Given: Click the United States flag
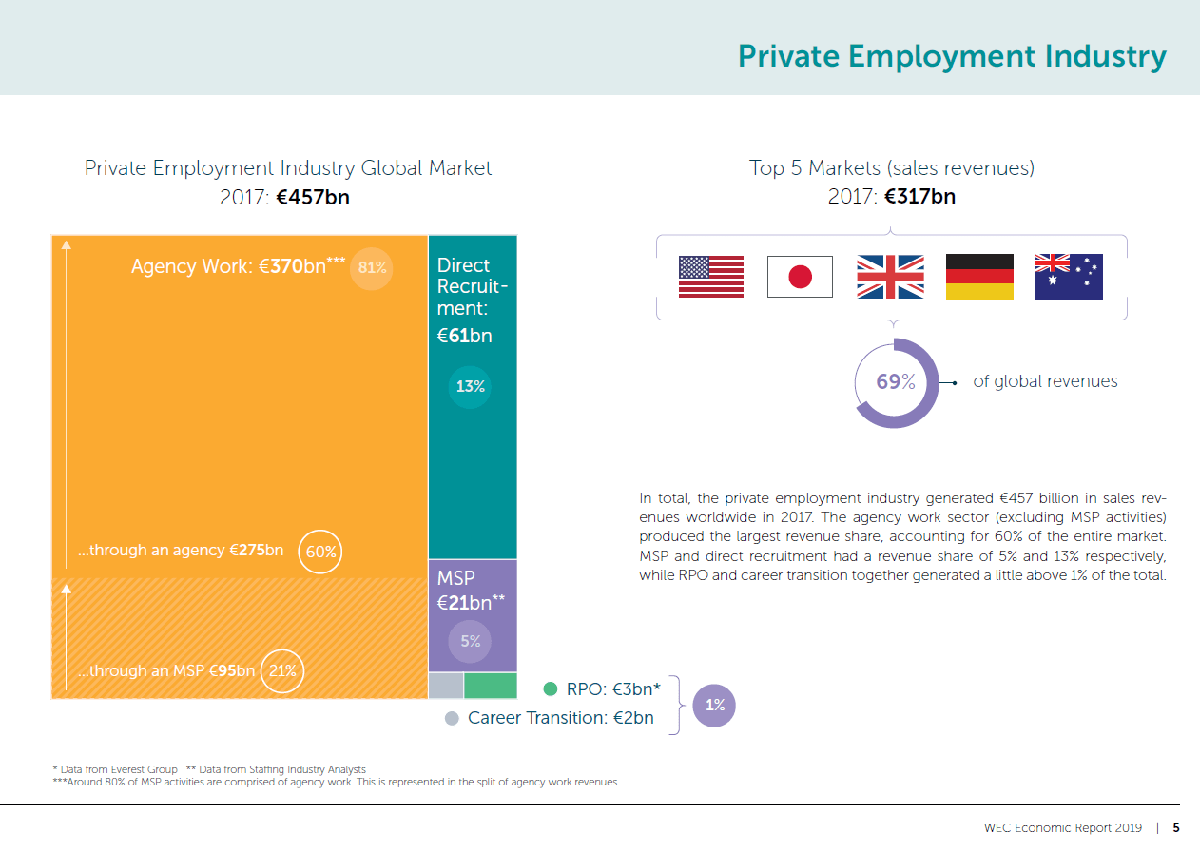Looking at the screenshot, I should (710, 277).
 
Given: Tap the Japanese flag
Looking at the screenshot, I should (800, 277).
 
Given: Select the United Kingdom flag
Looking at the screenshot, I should (890, 277).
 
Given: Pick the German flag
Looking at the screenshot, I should (979, 277).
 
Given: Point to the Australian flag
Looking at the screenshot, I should (1069, 277).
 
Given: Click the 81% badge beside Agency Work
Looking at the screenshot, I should (372, 267).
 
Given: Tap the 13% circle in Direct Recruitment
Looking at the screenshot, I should (470, 387).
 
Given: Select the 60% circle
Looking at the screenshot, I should (320, 552).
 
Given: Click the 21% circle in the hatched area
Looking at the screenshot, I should (282, 670).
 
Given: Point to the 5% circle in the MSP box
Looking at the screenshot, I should (470, 641).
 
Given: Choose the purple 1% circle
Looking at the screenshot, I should (714, 706).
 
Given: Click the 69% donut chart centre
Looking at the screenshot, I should (896, 382).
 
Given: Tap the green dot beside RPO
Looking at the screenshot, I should (550, 688).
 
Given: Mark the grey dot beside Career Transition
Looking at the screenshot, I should (452, 718).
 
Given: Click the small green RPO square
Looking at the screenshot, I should (491, 686).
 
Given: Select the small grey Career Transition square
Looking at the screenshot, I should (446, 686).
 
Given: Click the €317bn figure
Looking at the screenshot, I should (919, 198).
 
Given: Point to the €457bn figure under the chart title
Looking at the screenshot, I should (313, 198).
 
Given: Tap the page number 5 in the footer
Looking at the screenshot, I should (1176, 827).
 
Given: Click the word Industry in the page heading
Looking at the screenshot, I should (1106, 56).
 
